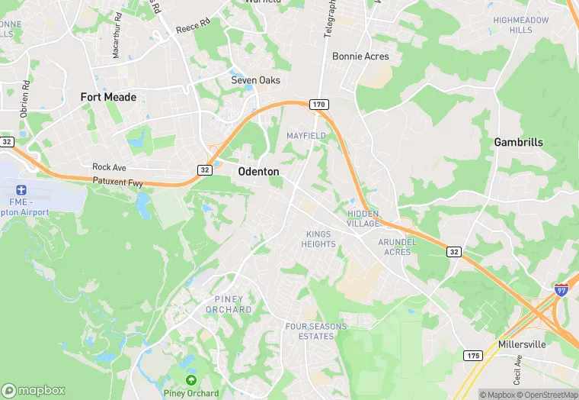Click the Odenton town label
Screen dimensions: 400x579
[x=258, y=172]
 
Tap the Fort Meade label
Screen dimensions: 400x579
[x=109, y=97]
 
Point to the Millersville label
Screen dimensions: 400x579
[x=522, y=344]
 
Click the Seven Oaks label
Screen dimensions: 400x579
[x=256, y=80]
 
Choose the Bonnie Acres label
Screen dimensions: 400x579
[x=360, y=56]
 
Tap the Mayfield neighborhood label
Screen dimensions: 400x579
[x=306, y=136]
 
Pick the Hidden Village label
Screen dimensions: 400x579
[x=363, y=218]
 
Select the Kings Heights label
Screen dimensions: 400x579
[x=319, y=239]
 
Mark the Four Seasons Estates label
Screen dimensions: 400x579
[x=315, y=331]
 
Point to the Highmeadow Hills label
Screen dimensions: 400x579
[x=522, y=24]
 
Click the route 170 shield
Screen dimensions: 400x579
[x=318, y=104]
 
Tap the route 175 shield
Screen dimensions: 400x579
[x=472, y=355]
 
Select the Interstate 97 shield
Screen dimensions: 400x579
[x=561, y=289]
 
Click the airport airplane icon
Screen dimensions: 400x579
[x=20, y=188]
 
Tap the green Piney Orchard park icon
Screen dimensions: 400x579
[x=190, y=379]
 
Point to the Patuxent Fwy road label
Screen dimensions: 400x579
[x=118, y=181]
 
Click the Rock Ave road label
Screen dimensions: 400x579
[x=108, y=166]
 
